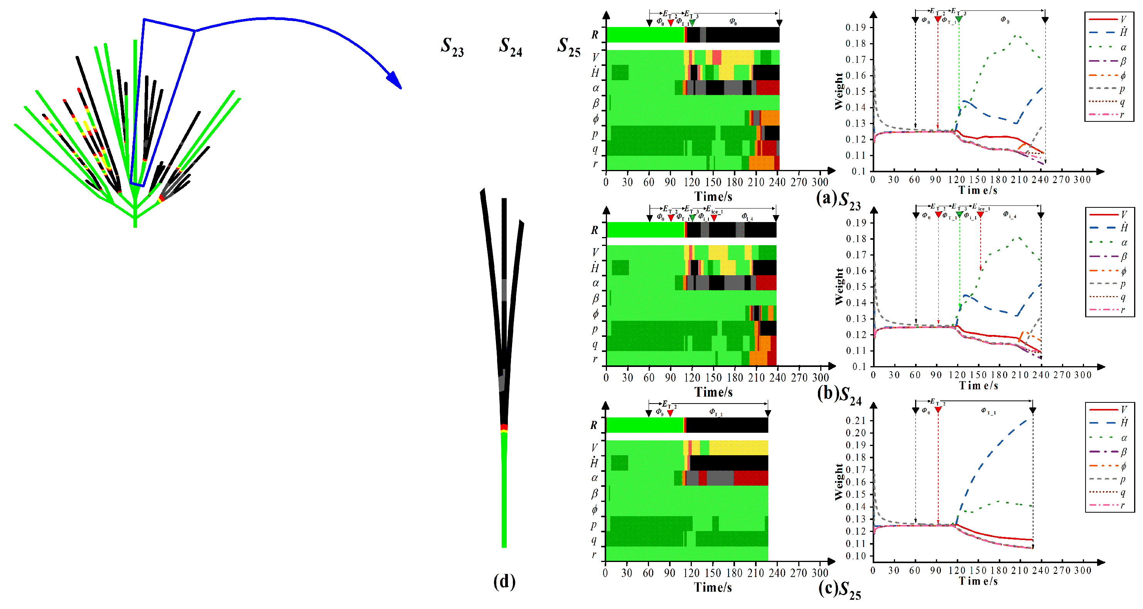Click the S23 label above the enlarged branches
pyautogui.click(x=452, y=47)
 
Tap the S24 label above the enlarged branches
pyautogui.click(x=510, y=47)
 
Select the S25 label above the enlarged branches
pyautogui.click(x=569, y=47)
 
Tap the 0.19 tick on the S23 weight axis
pyautogui.click(x=855, y=27)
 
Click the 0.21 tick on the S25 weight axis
pyautogui.click(x=855, y=420)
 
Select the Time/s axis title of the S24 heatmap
pyautogui.click(x=713, y=392)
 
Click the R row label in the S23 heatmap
pyautogui.click(x=595, y=35)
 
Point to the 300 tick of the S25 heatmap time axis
pyautogui.click(x=819, y=573)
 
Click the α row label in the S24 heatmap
pyautogui.click(x=595, y=283)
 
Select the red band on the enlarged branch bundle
pyautogui.click(x=504, y=427)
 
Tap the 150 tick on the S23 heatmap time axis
pyautogui.click(x=713, y=182)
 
